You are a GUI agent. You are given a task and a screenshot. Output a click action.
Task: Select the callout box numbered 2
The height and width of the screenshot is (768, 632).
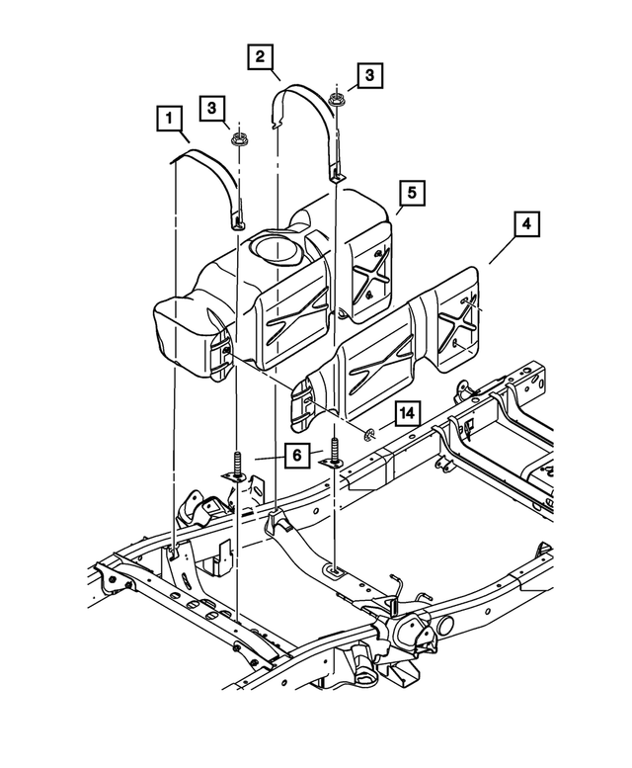pos(261,57)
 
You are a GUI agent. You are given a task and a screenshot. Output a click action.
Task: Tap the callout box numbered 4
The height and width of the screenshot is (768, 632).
pos(527,225)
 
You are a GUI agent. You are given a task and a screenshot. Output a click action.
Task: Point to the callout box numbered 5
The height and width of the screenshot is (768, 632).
pos(412,192)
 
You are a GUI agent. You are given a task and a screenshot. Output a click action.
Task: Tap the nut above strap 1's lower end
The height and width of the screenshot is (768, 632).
pos(238,138)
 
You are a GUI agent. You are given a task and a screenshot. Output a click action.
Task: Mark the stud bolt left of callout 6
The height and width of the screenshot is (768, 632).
pos(238,465)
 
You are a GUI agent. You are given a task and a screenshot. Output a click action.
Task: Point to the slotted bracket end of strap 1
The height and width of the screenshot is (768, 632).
pos(238,215)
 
